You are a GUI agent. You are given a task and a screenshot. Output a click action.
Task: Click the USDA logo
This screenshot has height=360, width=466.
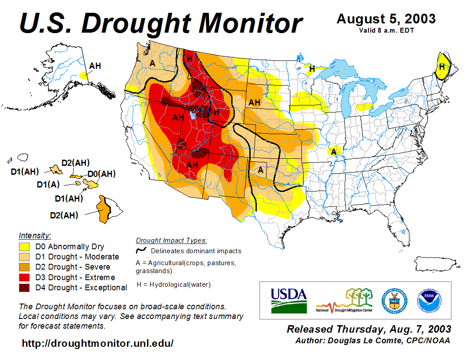click(289, 300)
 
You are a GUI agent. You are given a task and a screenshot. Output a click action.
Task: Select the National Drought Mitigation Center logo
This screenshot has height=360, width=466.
click(345, 300)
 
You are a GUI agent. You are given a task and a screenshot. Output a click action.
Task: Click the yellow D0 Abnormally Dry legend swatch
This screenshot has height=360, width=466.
click(24, 247)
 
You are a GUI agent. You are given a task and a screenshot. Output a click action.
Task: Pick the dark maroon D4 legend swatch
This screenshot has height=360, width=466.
click(24, 288)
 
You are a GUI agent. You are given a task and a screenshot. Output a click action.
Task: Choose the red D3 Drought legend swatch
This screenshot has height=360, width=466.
click(24, 277)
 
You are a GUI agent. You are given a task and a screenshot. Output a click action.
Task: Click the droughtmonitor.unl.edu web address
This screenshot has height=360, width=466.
click(98, 343)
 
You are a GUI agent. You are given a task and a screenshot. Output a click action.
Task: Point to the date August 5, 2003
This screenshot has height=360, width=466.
click(386, 19)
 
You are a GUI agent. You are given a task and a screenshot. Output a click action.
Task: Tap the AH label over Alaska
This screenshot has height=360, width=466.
click(95, 66)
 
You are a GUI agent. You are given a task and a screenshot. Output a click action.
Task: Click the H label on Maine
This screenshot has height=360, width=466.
click(441, 67)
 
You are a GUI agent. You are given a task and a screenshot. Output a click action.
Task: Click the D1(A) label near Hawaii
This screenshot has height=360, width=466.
click(48, 184)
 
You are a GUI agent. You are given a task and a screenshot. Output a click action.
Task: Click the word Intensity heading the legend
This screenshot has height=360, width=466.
click(35, 235)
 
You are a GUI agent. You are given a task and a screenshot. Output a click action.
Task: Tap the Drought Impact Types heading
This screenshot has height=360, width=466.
click(171, 240)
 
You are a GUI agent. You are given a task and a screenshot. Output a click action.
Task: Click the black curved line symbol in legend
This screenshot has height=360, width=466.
click(142, 251)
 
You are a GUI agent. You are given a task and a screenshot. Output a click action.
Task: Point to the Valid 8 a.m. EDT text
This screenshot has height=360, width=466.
click(386, 30)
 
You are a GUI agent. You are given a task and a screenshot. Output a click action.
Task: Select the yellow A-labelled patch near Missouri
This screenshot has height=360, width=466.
click(334, 151)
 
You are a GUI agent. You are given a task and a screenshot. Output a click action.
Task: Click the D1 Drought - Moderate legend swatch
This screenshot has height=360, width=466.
click(24, 257)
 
